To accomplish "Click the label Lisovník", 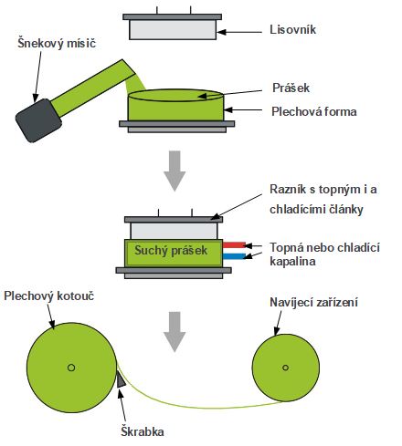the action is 292,30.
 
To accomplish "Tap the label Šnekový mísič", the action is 57,43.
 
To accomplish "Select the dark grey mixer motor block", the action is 38,120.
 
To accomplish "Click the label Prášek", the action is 291,88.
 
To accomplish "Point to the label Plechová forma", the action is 314,111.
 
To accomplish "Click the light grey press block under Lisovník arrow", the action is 173,30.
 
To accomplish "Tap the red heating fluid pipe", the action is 234,245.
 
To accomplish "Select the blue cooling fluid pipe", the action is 234,256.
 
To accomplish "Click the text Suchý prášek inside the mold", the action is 171,251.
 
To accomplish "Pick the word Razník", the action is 288,189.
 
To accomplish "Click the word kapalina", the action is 292,262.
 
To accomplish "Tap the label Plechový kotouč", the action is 49,296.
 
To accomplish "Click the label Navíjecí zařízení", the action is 313,302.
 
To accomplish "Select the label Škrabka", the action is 143,431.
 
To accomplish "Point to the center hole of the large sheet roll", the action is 71,368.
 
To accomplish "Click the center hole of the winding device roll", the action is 285,368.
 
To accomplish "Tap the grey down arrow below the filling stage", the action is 175,171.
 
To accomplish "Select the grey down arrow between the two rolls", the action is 175,332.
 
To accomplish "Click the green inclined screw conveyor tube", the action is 93,88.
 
